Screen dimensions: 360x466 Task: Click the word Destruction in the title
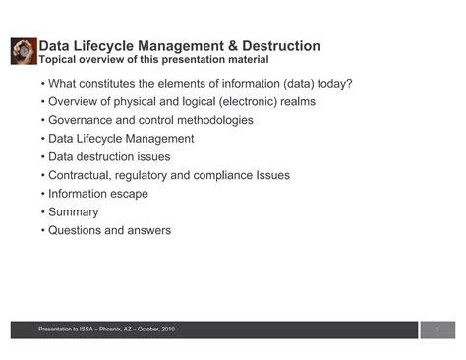pyautogui.click(x=276, y=46)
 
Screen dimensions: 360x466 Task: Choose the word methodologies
pyautogui.click(x=206, y=120)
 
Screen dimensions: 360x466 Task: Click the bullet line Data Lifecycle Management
pyautogui.click(x=121, y=139)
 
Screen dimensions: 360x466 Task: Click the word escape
pyautogui.click(x=130, y=194)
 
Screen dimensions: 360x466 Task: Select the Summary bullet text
pyautogui.click(x=74, y=211)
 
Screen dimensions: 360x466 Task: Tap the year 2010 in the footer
pyautogui.click(x=169, y=329)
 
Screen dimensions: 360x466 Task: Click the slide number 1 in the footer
pyautogui.click(x=435, y=329)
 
